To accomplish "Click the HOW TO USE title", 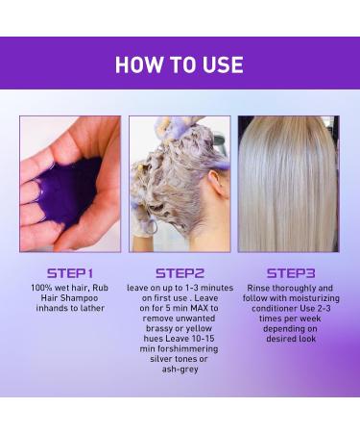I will click(x=180, y=64).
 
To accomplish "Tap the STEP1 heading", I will click(x=69, y=272).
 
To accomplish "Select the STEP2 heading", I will click(x=180, y=272).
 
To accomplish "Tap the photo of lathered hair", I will click(x=180, y=183).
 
